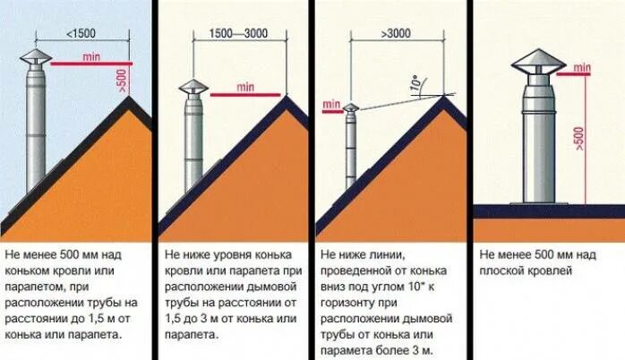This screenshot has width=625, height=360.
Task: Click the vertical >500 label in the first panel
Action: pos(123,81)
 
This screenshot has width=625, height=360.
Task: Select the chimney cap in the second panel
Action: pos(193,88)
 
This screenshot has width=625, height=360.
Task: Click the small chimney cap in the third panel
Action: pos(351,108)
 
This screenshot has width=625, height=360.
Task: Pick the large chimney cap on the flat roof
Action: pos(537,62)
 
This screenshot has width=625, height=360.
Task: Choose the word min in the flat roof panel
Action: pos(582,67)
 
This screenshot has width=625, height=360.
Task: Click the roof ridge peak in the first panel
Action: pos(131,100)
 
